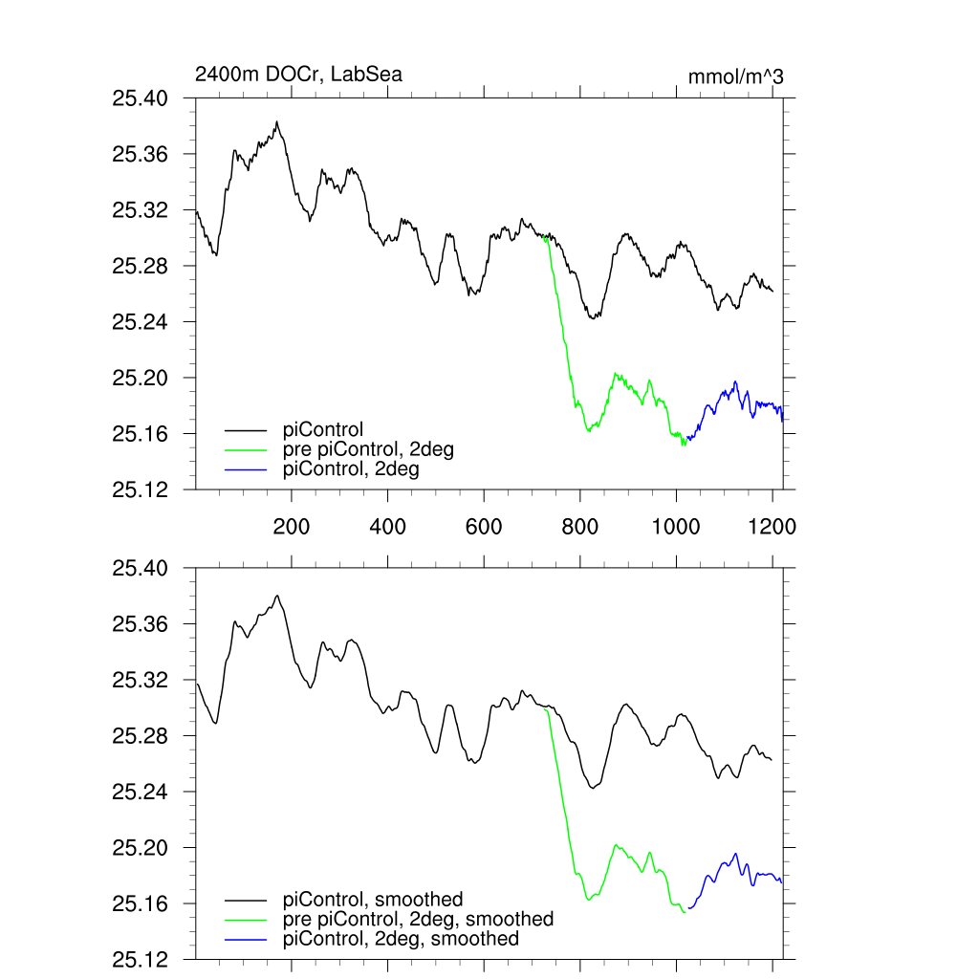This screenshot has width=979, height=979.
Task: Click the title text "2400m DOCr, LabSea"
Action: (298, 75)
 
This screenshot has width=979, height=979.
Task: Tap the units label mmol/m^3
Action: (735, 76)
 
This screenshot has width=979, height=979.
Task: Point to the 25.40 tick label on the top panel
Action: (140, 98)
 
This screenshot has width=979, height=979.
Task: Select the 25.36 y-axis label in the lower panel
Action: (140, 624)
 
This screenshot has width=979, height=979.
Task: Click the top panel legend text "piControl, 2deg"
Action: (351, 469)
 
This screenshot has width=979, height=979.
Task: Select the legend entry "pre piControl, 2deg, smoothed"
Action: (418, 919)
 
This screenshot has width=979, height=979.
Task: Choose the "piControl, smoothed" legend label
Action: (373, 899)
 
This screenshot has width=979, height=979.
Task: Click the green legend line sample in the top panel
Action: (246, 449)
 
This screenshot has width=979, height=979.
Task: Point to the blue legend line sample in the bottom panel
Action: (246, 940)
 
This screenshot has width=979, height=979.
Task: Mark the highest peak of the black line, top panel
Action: (276, 122)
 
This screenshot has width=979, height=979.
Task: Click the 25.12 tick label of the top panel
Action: (140, 490)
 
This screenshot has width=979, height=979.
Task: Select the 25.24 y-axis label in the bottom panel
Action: (140, 793)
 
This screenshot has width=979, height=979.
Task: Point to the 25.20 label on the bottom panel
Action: (140, 848)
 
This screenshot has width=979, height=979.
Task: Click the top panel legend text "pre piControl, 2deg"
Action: (367, 449)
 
